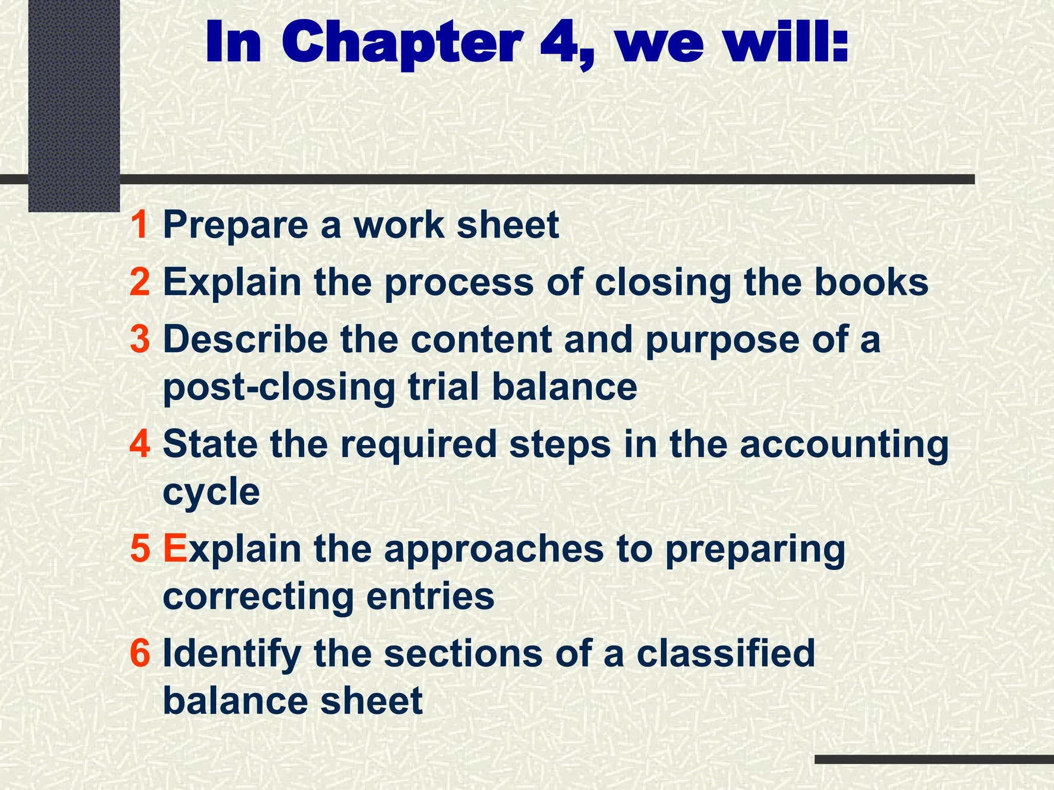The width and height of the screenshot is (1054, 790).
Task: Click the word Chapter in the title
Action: pyautogui.click(x=401, y=44)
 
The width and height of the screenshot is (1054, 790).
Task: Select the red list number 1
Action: pyautogui.click(x=139, y=225)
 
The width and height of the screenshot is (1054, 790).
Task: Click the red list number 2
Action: pyautogui.click(x=139, y=282)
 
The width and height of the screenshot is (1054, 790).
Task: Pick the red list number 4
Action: pyautogui.click(x=139, y=444)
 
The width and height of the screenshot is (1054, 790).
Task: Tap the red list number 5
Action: pyautogui.click(x=139, y=549)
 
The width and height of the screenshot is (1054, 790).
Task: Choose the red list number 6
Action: pyautogui.click(x=139, y=653)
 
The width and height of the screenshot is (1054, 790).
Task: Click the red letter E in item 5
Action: pyautogui.click(x=174, y=549)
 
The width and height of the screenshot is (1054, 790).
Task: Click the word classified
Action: pyautogui.click(x=726, y=653)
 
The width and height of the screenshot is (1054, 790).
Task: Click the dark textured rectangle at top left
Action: pyautogui.click(x=74, y=103)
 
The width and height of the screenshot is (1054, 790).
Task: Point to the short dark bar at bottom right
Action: pyautogui.click(x=934, y=759)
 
